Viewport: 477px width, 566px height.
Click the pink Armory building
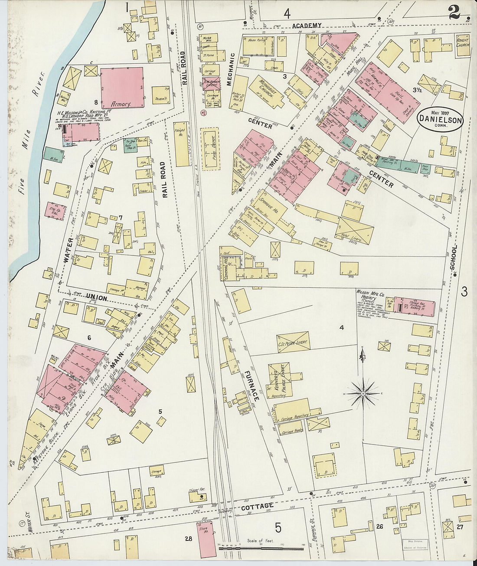pos(122,87)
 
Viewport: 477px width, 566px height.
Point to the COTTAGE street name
pos(257,506)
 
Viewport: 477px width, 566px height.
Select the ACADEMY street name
pos(307,26)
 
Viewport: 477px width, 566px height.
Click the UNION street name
pos(97,297)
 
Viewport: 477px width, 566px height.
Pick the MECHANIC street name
pos(232,69)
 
